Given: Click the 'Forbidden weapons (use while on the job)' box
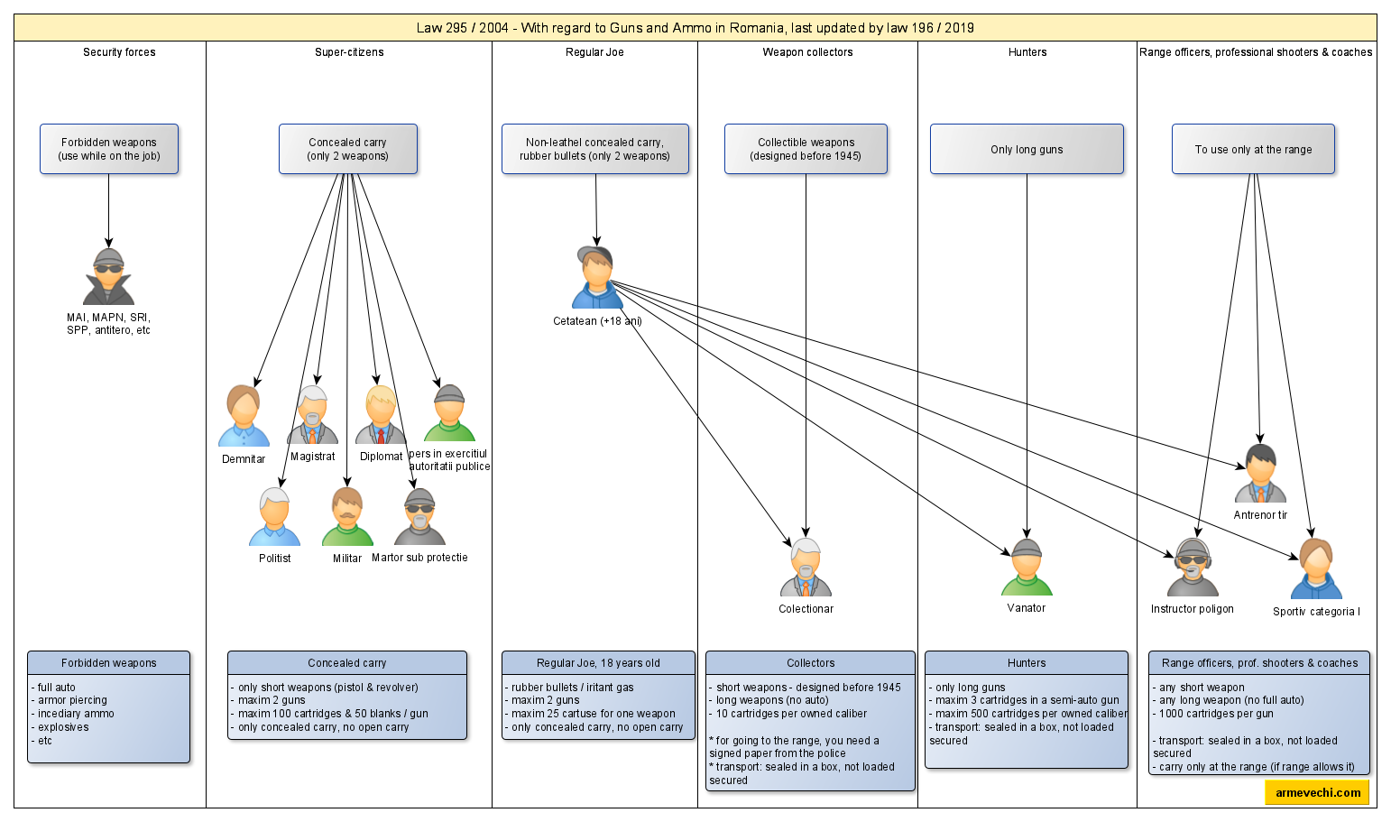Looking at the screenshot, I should [109, 149].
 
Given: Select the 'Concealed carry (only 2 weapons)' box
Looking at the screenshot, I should [347, 149].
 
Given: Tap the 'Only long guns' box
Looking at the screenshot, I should [1027, 149].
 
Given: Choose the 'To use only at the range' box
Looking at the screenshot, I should [1253, 149].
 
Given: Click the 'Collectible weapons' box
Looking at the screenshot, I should [806, 149].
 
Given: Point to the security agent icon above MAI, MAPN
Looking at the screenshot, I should [109, 277].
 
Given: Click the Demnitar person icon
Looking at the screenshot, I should [244, 416].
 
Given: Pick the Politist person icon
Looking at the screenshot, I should [274, 517].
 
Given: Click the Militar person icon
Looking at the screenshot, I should [347, 517].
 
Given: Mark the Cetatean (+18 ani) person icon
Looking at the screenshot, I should [596, 277].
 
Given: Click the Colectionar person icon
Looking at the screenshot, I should [806, 568].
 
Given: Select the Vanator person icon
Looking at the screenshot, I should [1027, 568].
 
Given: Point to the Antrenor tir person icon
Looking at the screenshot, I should [1260, 474].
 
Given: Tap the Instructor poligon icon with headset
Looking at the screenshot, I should [1193, 568].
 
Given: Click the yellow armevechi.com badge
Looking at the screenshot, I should [1317, 792].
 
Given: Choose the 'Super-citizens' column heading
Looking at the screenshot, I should [349, 52].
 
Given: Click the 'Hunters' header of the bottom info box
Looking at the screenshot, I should [1027, 663].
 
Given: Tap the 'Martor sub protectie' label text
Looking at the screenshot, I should [419, 558].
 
